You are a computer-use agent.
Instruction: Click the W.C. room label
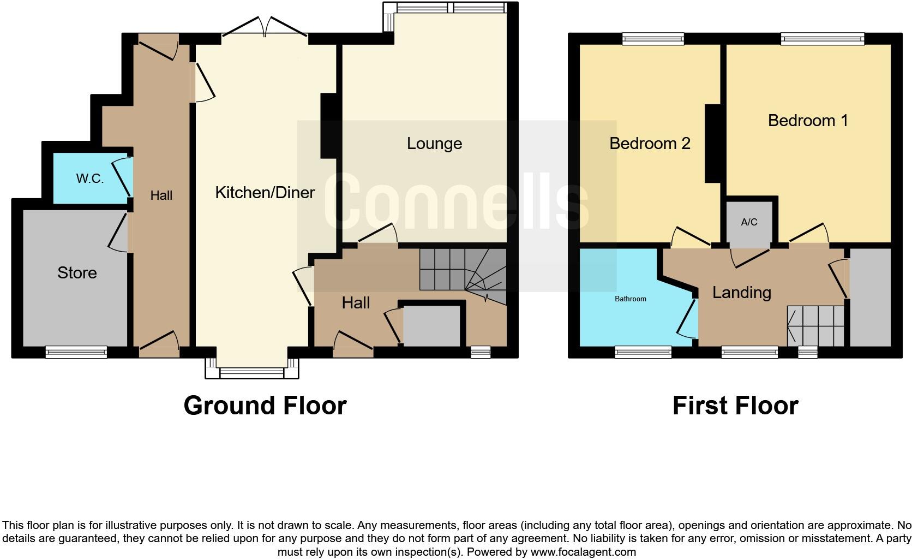(90, 179)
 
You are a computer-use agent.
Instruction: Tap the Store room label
(77, 272)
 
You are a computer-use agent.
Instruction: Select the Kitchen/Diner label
(265, 192)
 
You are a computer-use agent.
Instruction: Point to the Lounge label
(434, 144)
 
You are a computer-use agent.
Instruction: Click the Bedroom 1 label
(808, 120)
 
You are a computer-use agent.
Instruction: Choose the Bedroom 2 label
(650, 143)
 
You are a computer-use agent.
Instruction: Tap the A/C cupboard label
(749, 222)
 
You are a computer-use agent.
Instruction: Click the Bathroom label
(631, 299)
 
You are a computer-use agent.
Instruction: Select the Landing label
(742, 292)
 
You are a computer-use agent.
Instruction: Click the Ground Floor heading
(265, 406)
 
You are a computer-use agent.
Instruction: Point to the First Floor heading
(735, 406)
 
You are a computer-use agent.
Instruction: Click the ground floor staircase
(463, 270)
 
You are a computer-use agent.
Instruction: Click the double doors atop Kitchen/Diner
(265, 27)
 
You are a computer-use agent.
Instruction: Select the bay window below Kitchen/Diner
(252, 372)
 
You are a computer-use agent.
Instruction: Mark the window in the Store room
(76, 353)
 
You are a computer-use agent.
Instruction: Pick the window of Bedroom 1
(823, 39)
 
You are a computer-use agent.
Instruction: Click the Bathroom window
(643, 353)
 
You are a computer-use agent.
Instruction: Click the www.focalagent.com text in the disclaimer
(583, 552)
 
